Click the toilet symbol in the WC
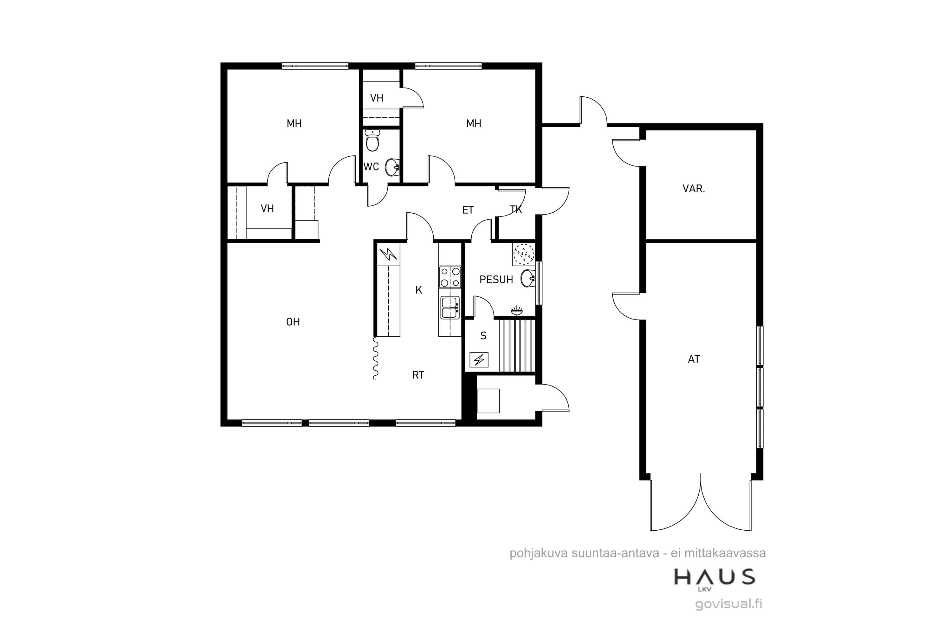pos(372,140)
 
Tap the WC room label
pos(371,167)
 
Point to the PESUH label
pos(496,279)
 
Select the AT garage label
pos(694,359)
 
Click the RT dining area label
pos(418,375)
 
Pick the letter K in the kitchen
pos(419,290)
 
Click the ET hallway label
pos(468,210)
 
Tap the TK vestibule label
pos(516,210)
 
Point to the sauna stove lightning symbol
pos(479,359)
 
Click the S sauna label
pos(483,336)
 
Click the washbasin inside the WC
pos(392,167)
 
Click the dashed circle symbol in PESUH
pos(524,254)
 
